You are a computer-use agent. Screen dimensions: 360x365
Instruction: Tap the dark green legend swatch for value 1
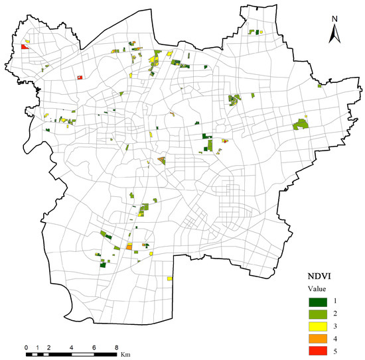coord(316,302)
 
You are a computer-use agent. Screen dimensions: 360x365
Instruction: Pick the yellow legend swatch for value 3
coord(316,326)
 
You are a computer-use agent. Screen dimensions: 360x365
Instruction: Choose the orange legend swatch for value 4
coord(316,337)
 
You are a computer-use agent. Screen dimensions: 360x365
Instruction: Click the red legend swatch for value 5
coord(316,349)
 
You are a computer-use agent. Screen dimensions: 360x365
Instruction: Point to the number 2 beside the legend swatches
coord(336,314)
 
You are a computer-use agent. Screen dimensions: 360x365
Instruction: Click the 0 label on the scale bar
coord(26,347)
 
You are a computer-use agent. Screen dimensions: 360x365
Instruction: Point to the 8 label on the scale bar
coord(116,347)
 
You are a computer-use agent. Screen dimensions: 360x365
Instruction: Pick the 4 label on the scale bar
coord(71,347)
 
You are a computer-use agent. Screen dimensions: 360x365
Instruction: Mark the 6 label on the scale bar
coord(94,347)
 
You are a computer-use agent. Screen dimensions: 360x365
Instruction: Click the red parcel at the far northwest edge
coord(24,47)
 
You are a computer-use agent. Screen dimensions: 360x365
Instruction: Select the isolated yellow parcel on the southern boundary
coord(170,279)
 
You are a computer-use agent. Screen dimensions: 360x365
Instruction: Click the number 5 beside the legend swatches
coord(336,349)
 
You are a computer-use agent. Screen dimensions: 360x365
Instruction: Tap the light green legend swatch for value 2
coord(316,314)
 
